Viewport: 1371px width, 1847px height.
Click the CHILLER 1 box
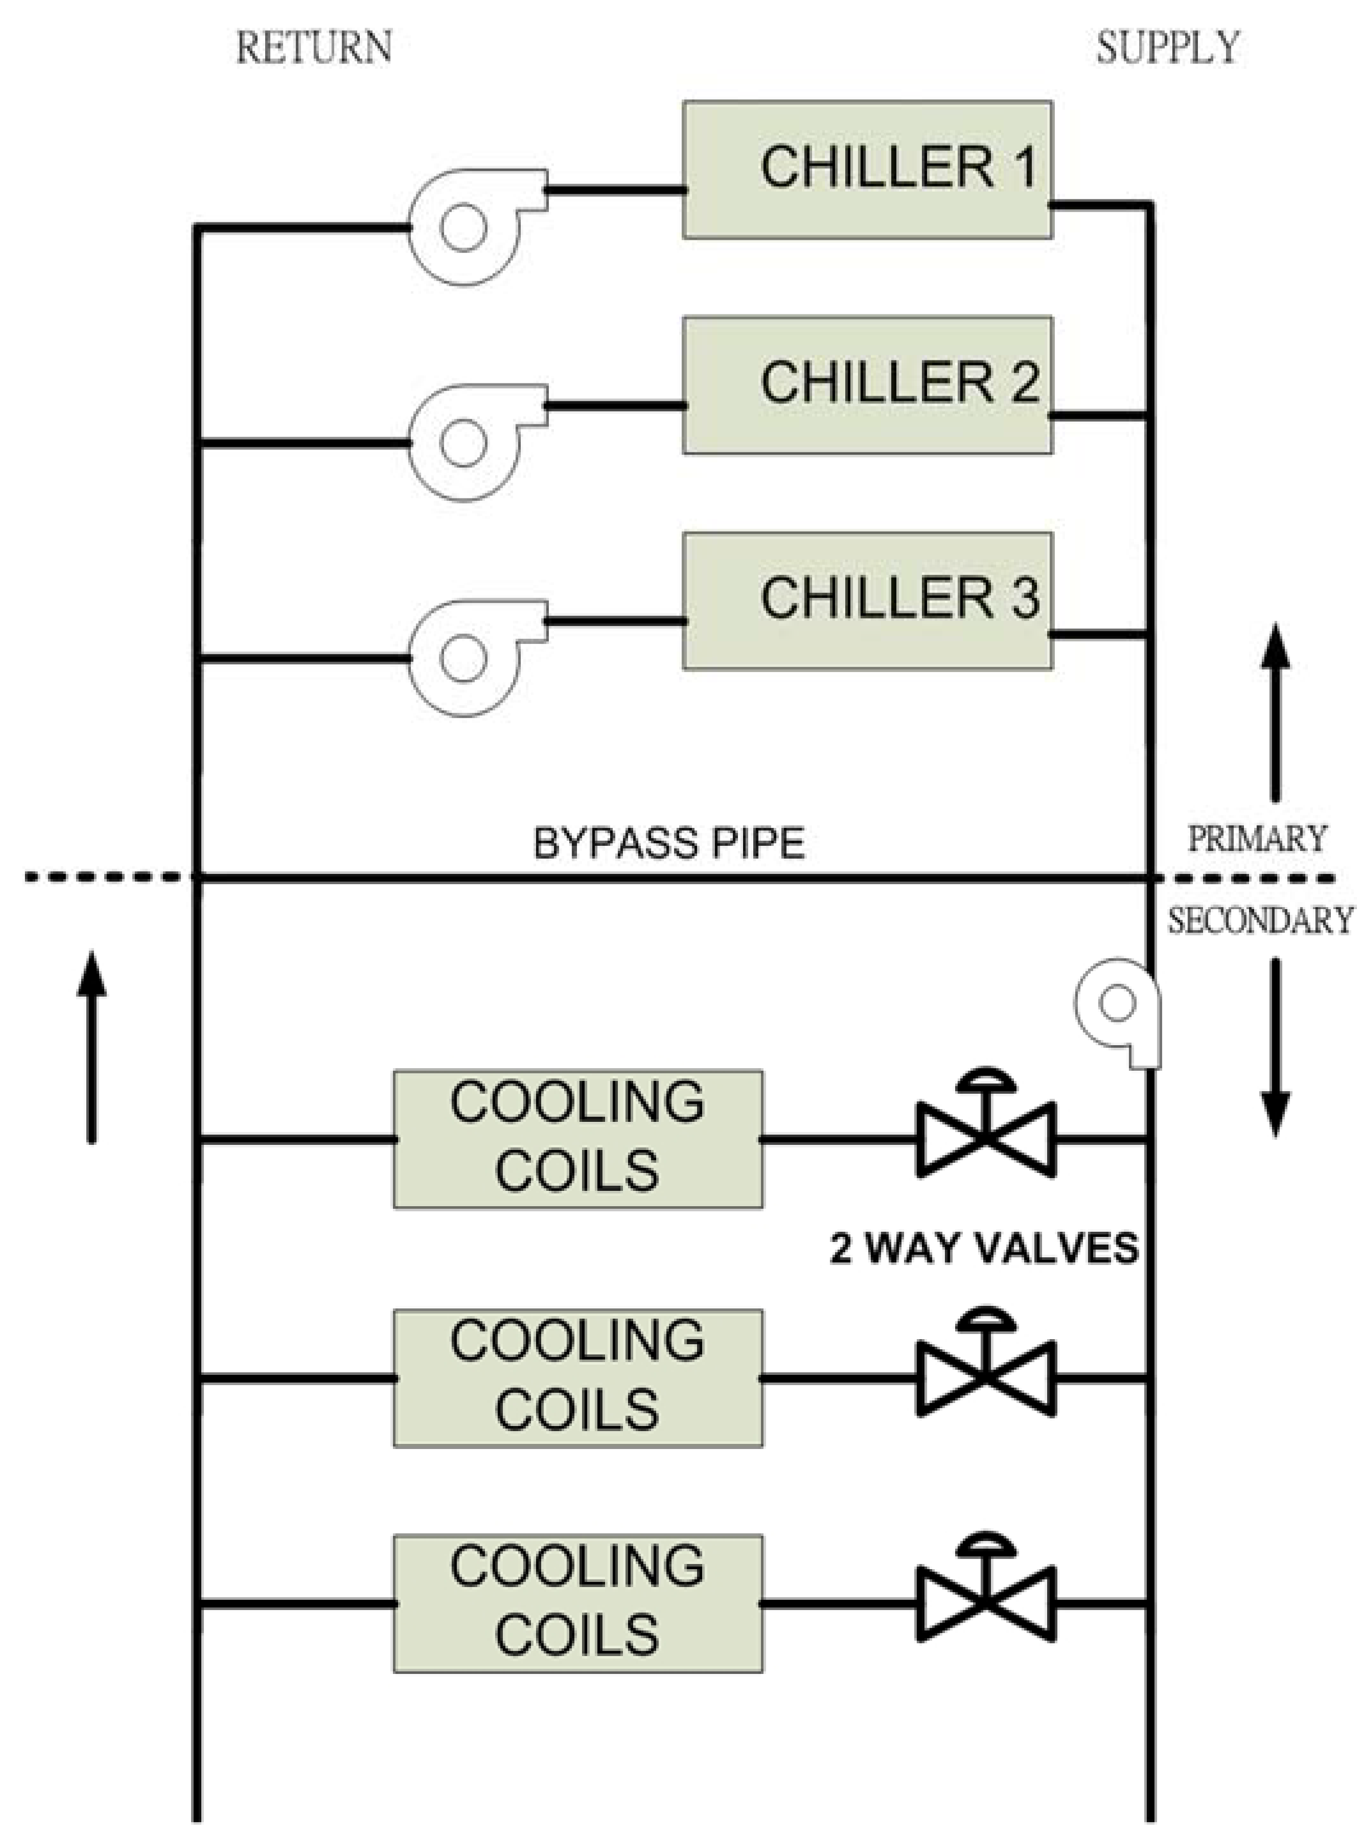pyautogui.click(x=867, y=170)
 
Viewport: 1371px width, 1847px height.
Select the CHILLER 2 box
pyautogui.click(x=867, y=385)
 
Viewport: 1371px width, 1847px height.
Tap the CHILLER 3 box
pyautogui.click(x=867, y=601)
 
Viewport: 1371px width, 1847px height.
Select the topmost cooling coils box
pyautogui.click(x=578, y=1138)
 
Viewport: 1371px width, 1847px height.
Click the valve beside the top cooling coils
pyautogui.click(x=986, y=1138)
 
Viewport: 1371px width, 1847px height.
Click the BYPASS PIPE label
pyautogui.click(x=669, y=844)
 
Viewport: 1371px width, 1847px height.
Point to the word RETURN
pyautogui.click(x=314, y=47)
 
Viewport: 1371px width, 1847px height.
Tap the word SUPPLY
pyautogui.click(x=1168, y=47)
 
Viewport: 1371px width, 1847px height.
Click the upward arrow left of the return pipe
pyautogui.click(x=91, y=1047)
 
